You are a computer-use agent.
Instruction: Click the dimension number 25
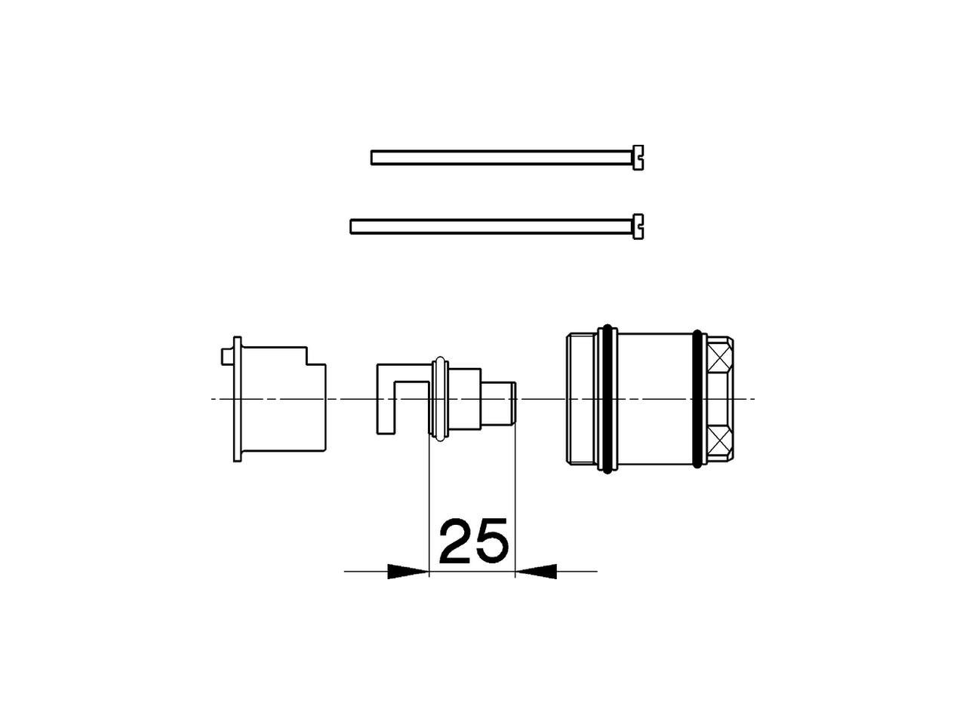point(472,541)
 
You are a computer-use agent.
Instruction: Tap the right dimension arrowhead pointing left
point(536,572)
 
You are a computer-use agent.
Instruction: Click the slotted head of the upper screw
point(638,158)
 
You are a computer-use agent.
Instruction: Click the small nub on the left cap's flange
point(225,355)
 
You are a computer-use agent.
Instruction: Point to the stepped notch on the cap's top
point(315,357)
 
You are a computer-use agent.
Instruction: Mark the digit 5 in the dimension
point(491,541)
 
